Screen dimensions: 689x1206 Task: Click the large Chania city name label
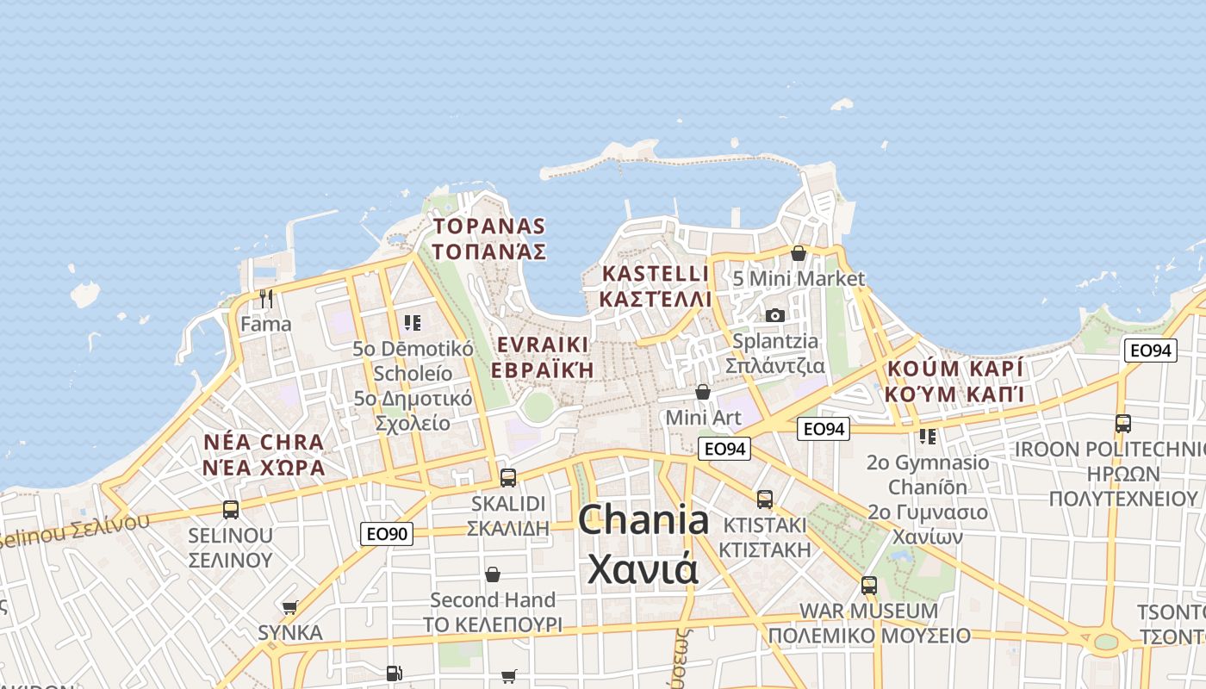pos(643,543)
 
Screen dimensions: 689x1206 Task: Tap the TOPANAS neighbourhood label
pos(489,239)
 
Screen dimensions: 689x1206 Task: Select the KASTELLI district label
pos(656,286)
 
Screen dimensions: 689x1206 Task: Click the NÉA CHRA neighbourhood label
pos(264,455)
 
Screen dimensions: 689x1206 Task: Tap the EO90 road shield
pos(387,534)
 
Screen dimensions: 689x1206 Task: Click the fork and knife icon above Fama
pos(266,299)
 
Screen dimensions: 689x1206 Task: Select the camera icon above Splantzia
pos(775,315)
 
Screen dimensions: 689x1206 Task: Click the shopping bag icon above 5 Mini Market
pos(799,253)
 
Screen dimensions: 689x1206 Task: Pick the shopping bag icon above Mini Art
pos(703,392)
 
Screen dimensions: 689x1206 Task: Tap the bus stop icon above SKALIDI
pos(508,477)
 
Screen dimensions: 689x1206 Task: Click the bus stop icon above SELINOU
pos(231,509)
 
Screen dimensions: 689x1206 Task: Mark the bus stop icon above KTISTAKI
pos(764,499)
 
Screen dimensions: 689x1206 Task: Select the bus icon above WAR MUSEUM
pos(868,585)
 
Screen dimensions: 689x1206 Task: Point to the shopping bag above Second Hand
pos(493,574)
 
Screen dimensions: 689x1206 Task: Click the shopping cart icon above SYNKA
pos(290,607)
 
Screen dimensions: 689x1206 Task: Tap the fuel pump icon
pos(394,673)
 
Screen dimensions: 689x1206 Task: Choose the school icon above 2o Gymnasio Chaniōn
pos(927,437)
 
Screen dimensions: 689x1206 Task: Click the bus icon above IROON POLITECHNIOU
pos(1122,423)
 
